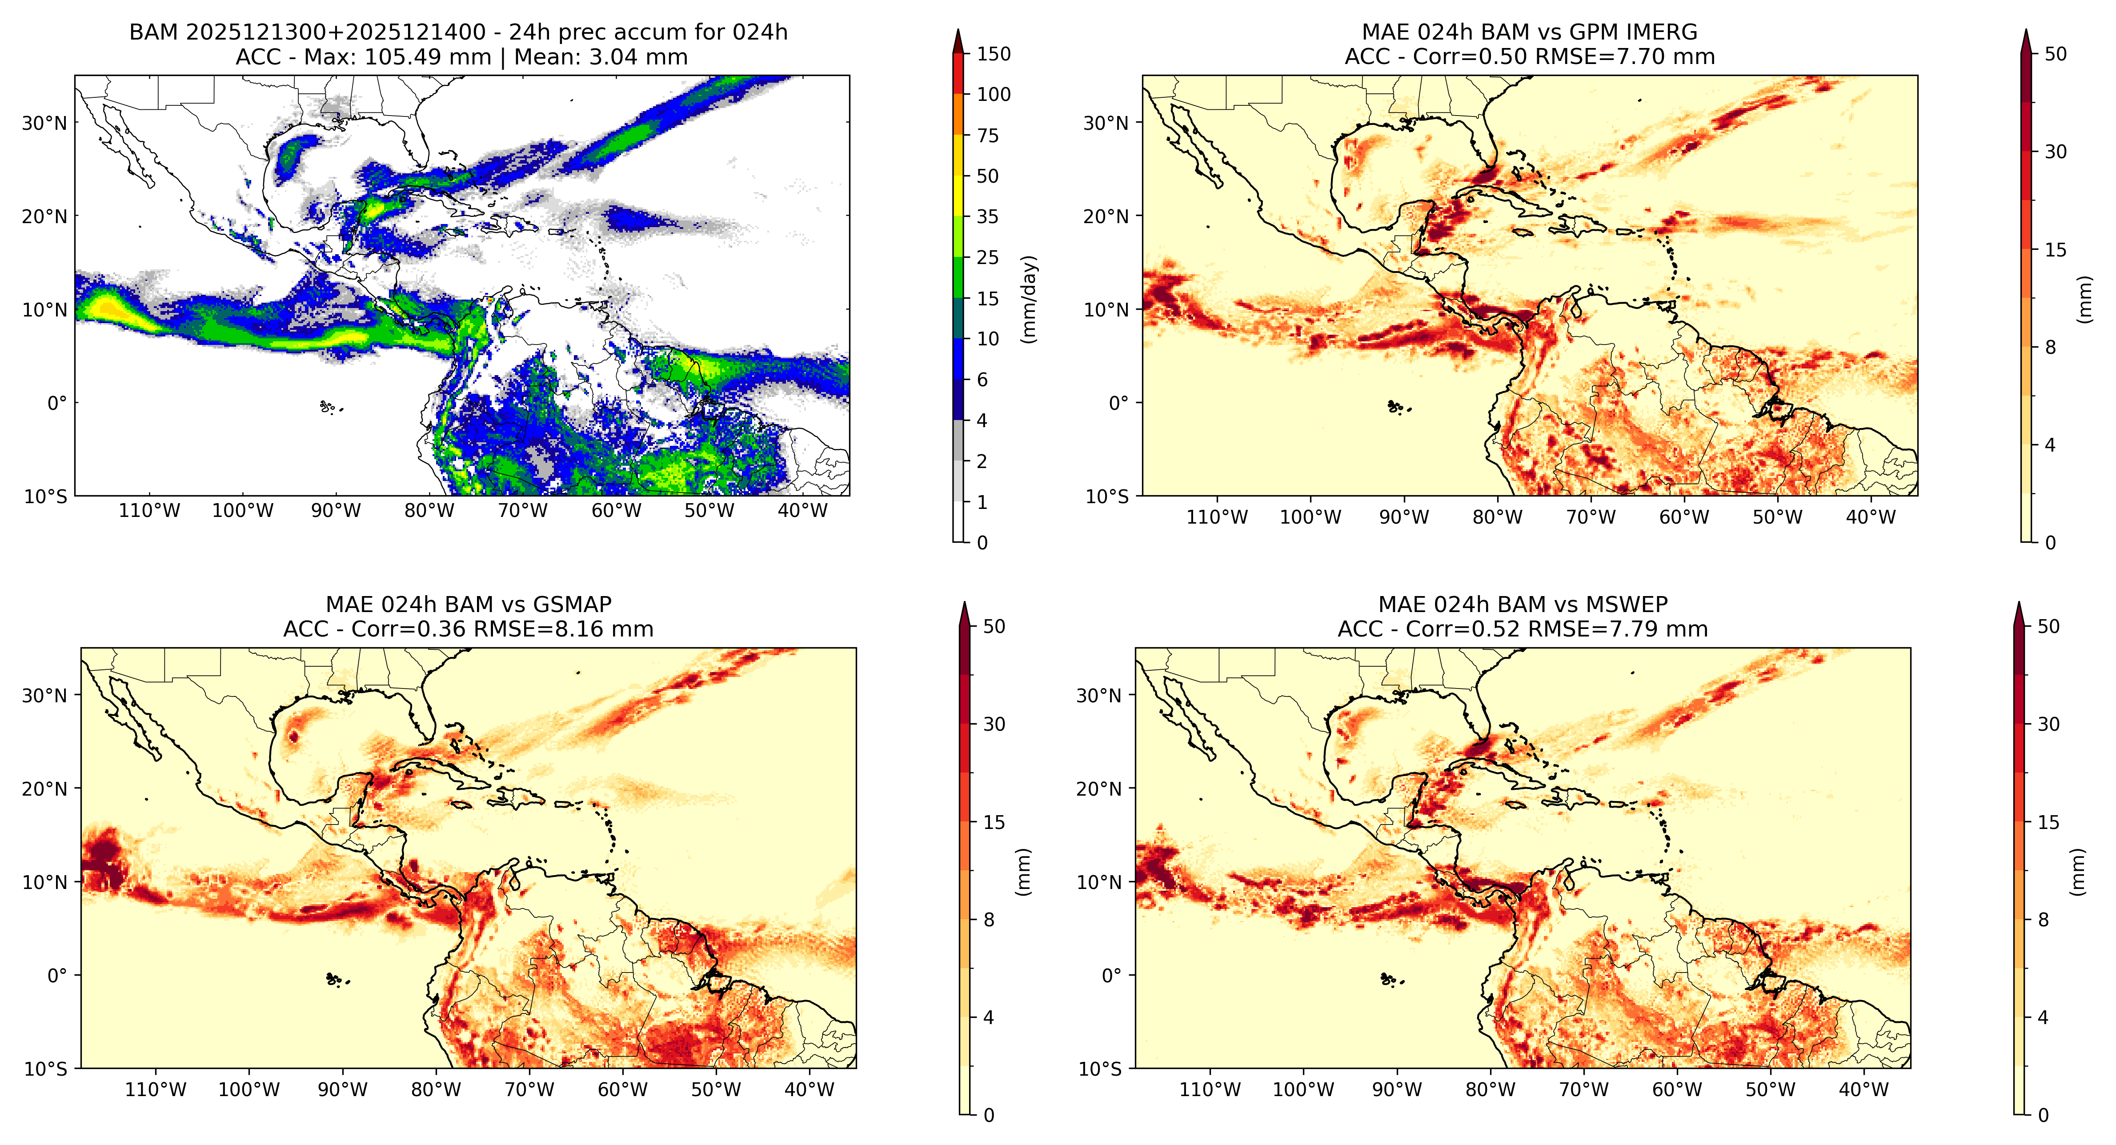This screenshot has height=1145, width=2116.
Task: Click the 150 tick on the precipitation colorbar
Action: (993, 54)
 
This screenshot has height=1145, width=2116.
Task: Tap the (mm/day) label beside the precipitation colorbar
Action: (1028, 299)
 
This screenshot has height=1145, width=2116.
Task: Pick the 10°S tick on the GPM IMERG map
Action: (1106, 496)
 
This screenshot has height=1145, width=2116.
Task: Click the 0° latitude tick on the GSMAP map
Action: (57, 976)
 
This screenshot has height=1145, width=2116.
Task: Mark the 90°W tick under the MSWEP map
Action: (1396, 1090)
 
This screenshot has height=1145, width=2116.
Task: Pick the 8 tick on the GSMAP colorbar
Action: (989, 920)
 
